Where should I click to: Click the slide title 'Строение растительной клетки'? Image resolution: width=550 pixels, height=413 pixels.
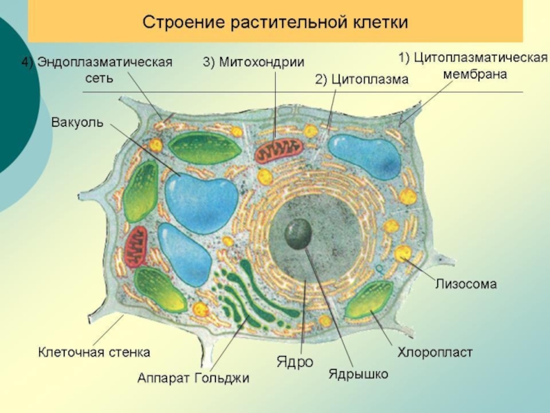coord(275,22)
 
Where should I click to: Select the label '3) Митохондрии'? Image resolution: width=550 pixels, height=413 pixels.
coord(252,62)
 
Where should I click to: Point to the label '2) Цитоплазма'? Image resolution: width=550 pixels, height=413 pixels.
coord(362,80)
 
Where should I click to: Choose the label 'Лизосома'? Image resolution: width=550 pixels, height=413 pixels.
coord(465,283)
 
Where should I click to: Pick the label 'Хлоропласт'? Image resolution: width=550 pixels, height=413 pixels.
coord(435,352)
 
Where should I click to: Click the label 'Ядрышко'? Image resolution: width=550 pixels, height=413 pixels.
coord(358,374)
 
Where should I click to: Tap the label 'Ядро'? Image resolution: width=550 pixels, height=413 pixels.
coord(295,361)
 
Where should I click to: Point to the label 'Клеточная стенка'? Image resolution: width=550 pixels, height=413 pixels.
coord(93,352)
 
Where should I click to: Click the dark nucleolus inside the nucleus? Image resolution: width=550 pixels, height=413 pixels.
coord(298,233)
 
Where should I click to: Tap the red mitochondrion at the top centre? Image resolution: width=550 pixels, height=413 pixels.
coord(279,151)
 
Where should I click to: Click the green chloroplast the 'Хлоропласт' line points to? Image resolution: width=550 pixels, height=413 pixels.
coord(368,300)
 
